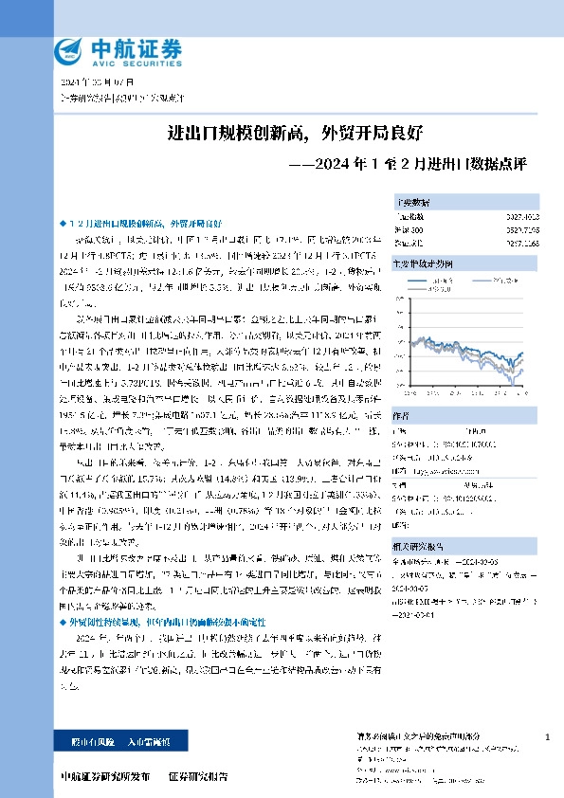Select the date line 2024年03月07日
pos(81,83)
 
